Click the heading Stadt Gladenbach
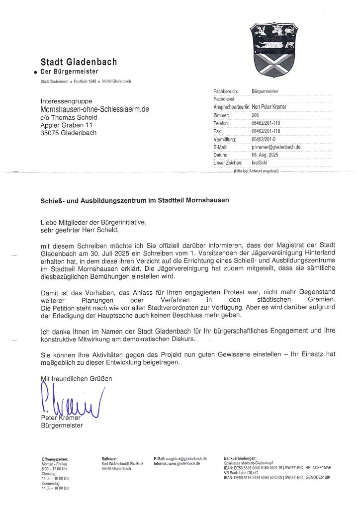click(x=79, y=62)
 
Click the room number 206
click(x=256, y=115)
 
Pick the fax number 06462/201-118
click(x=267, y=131)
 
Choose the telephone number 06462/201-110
click(x=267, y=123)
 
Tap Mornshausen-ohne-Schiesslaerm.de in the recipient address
click(x=94, y=109)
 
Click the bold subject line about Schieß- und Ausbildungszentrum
click(x=134, y=200)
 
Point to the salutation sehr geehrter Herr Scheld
click(x=81, y=230)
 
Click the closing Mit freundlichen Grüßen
click(x=77, y=379)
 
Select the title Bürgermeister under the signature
click(x=62, y=425)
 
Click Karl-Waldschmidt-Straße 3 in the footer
click(x=122, y=463)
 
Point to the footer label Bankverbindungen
click(x=240, y=458)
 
